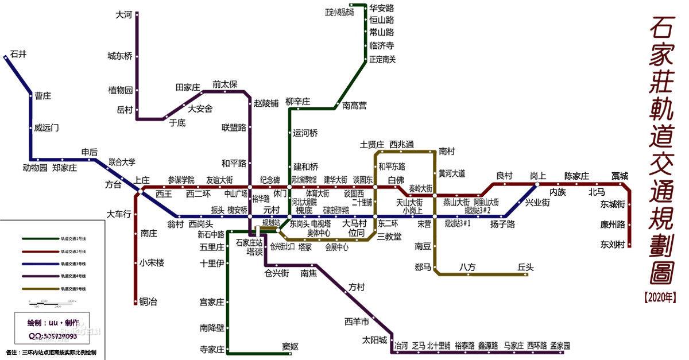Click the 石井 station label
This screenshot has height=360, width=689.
pyautogui.click(x=18, y=55)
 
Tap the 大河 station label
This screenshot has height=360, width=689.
pyautogui.click(x=124, y=15)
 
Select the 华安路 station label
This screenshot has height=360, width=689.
pyautogui.click(x=381, y=8)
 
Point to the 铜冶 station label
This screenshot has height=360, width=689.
pyautogui.click(x=149, y=301)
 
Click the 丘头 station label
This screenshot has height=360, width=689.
pyautogui.click(x=525, y=267)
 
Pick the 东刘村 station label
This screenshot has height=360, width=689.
pyautogui.click(x=612, y=245)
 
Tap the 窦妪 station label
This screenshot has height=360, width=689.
pyautogui.click(x=291, y=346)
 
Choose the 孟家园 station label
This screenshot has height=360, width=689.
pyautogui.click(x=560, y=346)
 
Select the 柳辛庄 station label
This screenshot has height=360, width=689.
pyautogui.click(x=297, y=102)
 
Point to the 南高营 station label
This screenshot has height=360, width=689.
pyautogui.click(x=354, y=106)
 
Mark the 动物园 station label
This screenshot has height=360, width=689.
pyautogui.click(x=34, y=168)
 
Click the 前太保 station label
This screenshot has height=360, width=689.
pyautogui.click(x=224, y=84)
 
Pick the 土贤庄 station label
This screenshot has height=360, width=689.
pyautogui.click(x=372, y=144)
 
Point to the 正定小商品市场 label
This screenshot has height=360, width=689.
pyautogui.click(x=339, y=13)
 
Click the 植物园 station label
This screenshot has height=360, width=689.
pyautogui.click(x=121, y=90)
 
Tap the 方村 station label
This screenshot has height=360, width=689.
pyautogui.click(x=357, y=287)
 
